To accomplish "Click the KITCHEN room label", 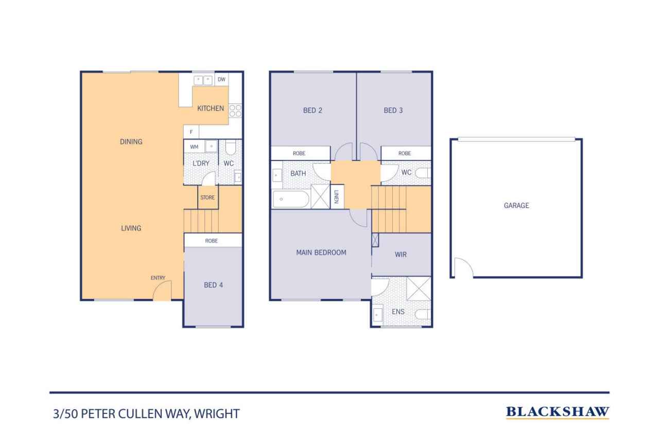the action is coord(211,109).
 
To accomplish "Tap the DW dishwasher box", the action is coord(221,79).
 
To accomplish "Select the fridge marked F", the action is coord(191,132).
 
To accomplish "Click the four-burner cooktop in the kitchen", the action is coord(235,111).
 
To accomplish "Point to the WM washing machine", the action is coord(194,147).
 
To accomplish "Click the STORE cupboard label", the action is coord(207,198).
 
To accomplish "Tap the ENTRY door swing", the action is coord(162,290).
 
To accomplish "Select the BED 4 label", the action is coord(213,285).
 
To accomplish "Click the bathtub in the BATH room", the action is coord(291,199).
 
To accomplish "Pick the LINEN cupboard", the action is coord(337,197).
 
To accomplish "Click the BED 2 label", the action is coord(313,111).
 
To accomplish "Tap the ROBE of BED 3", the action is coord(406,153).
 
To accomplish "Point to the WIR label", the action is coord(401,255).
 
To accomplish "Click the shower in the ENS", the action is coord(419,288).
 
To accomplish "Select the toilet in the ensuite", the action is coord(423,314).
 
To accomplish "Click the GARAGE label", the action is coord(516,205).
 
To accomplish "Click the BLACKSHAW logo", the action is coord(558,412).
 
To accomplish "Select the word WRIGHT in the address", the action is coord(217,414).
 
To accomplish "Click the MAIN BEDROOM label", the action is coord(321,253).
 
